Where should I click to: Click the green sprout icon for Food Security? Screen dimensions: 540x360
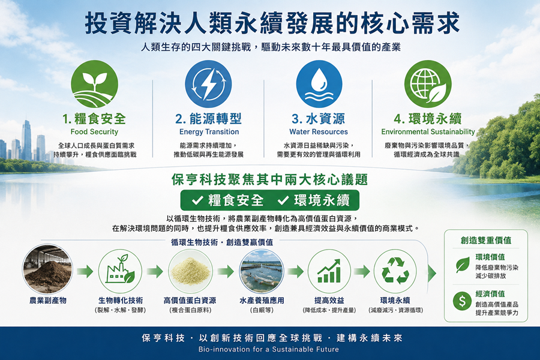pyautogui.click(x=94, y=84)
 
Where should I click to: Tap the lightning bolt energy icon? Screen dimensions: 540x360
pyautogui.click(x=208, y=84)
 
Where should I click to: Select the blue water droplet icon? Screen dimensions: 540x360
pyautogui.click(x=319, y=84)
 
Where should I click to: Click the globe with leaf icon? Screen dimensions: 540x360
pyautogui.click(x=428, y=84)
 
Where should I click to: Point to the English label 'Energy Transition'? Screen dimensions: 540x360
pyautogui.click(x=209, y=132)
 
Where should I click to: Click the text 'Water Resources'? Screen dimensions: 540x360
pyautogui.click(x=319, y=132)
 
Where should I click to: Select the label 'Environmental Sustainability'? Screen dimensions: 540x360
pyautogui.click(x=428, y=132)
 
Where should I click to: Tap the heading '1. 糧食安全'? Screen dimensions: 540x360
pyautogui.click(x=94, y=119)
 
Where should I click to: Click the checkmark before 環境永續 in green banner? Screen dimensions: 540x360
pyautogui.click(x=283, y=200)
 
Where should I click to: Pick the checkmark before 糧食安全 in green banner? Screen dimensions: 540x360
pyautogui.click(x=197, y=200)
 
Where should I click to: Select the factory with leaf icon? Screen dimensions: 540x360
pyautogui.click(x=120, y=271)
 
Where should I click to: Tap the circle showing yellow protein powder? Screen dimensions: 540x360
pyautogui.click(x=190, y=271)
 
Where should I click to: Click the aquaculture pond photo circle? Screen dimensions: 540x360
pyautogui.click(x=262, y=271)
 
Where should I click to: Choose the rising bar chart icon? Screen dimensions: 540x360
pyautogui.click(x=329, y=271)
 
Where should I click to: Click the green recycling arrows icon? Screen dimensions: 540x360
pyautogui.click(x=395, y=271)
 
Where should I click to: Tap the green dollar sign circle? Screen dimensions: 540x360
pyautogui.click(x=462, y=301)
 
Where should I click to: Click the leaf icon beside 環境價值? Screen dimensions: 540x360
pyautogui.click(x=463, y=265)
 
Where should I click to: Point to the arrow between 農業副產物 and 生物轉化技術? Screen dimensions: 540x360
pyautogui.click(x=85, y=271)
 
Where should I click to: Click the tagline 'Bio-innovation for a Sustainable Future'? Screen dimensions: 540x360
pyautogui.click(x=269, y=349)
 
